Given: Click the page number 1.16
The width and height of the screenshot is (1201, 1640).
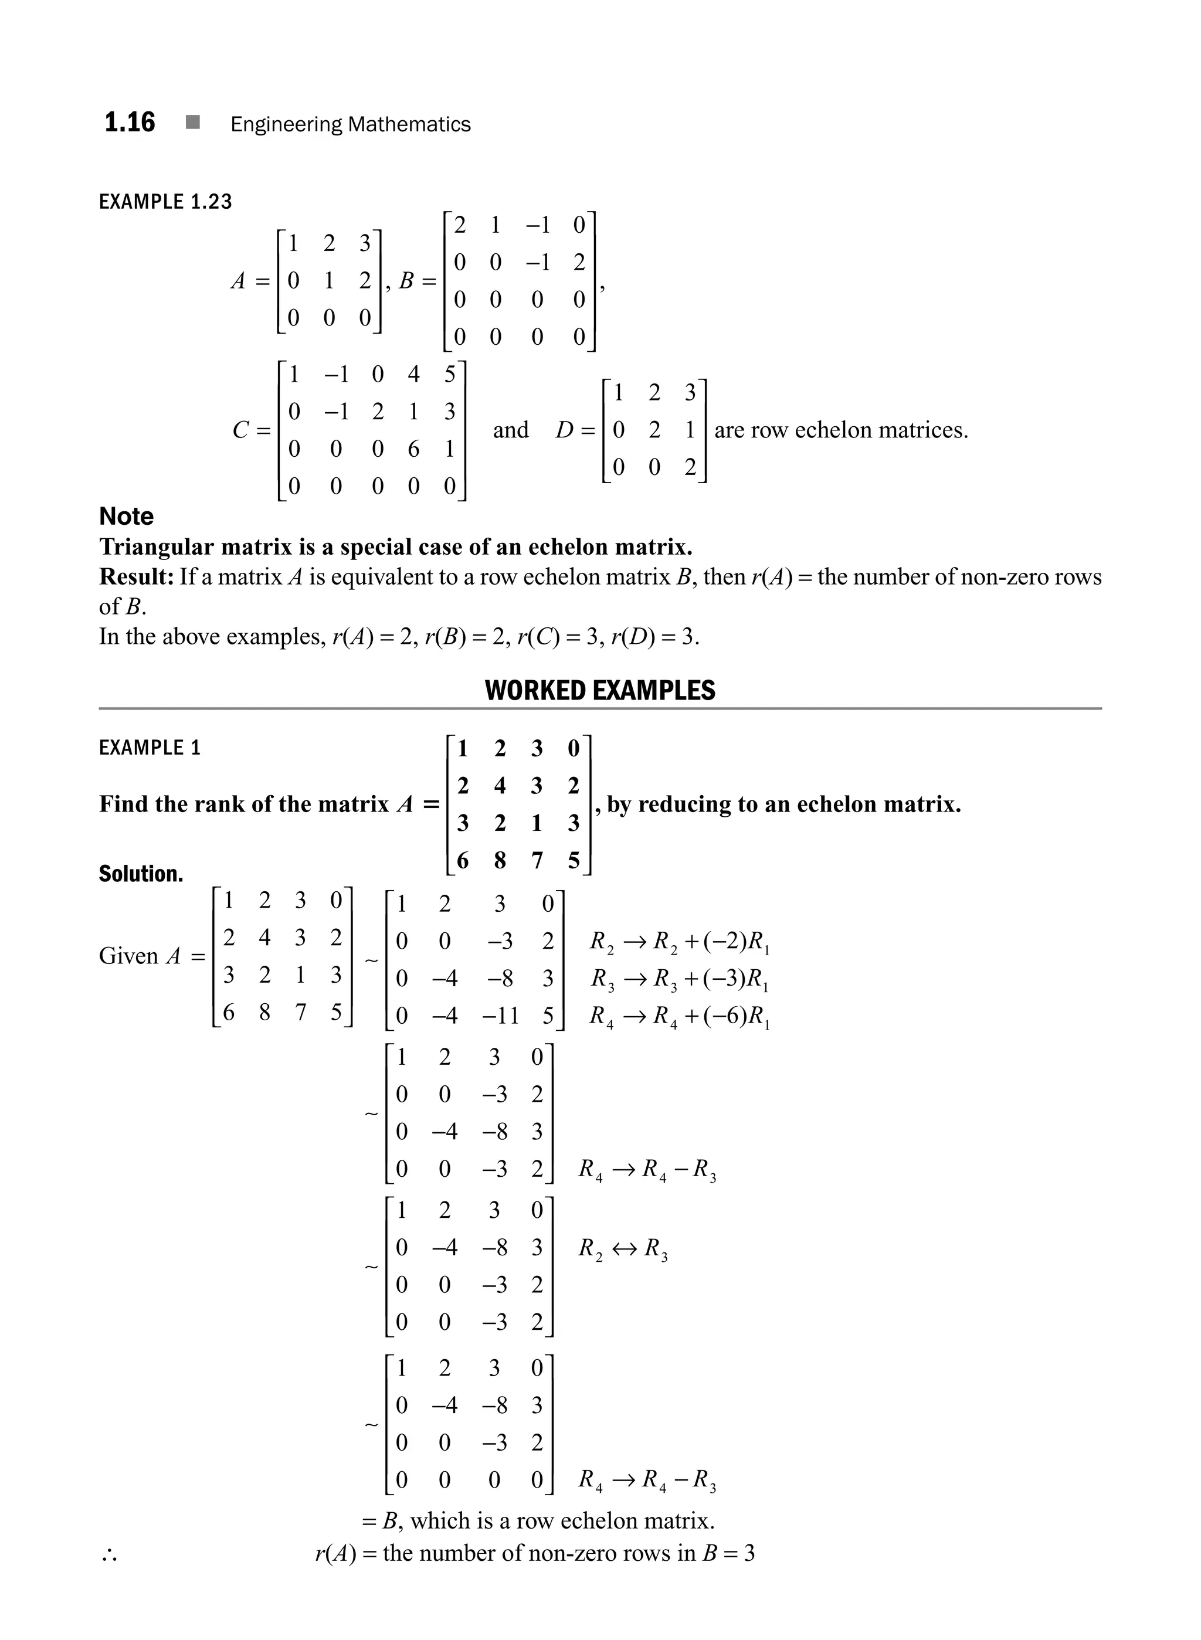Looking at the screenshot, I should click(x=130, y=122).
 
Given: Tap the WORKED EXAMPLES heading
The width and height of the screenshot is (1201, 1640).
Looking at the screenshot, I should click(x=600, y=690).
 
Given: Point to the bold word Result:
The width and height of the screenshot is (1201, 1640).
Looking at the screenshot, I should click(x=137, y=576).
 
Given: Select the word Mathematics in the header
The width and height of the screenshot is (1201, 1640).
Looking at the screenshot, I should click(x=409, y=124).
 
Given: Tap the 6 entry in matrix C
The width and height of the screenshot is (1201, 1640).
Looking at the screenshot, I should click(x=413, y=449).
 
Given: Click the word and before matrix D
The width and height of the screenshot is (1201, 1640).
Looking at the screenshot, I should click(x=510, y=430).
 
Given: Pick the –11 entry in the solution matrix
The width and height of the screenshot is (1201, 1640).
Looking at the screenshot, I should click(x=500, y=1015).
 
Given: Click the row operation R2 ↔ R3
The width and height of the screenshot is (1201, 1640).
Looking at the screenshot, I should click(x=623, y=1249).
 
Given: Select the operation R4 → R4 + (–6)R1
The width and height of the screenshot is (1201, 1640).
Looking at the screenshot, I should click(x=680, y=1016).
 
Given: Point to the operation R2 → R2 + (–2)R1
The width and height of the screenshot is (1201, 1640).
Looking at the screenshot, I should click(x=680, y=942).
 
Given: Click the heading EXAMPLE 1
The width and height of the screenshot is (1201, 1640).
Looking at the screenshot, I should click(x=149, y=748).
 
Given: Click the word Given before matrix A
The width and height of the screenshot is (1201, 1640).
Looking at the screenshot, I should click(x=128, y=955).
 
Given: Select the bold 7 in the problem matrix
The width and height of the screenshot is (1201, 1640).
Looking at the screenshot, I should click(x=537, y=861).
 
